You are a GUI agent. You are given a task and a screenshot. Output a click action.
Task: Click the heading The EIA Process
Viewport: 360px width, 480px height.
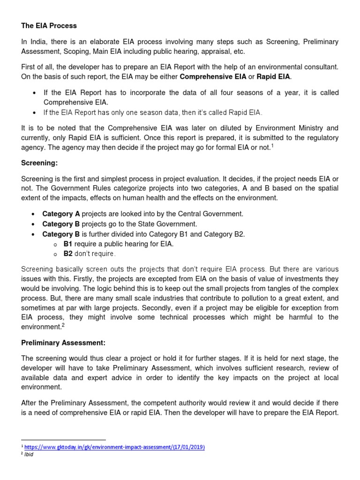(x=49, y=25)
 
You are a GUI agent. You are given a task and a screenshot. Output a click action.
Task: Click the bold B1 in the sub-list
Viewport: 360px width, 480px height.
(x=68, y=244)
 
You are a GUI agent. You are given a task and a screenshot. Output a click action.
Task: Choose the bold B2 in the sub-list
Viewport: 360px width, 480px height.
(x=68, y=254)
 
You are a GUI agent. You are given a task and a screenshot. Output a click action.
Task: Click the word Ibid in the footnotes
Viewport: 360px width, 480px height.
(x=29, y=454)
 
